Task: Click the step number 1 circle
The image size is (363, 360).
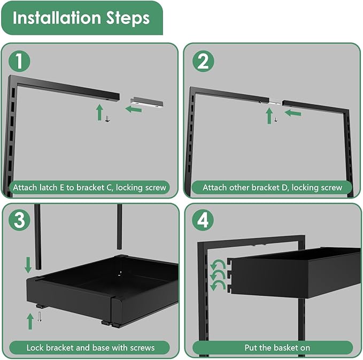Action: point(20,62)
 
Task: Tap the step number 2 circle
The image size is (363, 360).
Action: point(203,62)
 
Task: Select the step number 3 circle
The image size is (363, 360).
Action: point(20,220)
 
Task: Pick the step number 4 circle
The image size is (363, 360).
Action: point(203,220)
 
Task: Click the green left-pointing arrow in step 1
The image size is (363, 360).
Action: point(134,109)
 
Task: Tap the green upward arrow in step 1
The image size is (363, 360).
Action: point(99,112)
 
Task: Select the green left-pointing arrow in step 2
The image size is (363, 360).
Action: point(292,112)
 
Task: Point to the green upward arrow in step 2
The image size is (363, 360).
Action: point(268,115)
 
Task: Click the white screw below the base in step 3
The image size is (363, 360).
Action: point(40,318)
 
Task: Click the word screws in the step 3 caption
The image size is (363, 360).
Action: point(141,348)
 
